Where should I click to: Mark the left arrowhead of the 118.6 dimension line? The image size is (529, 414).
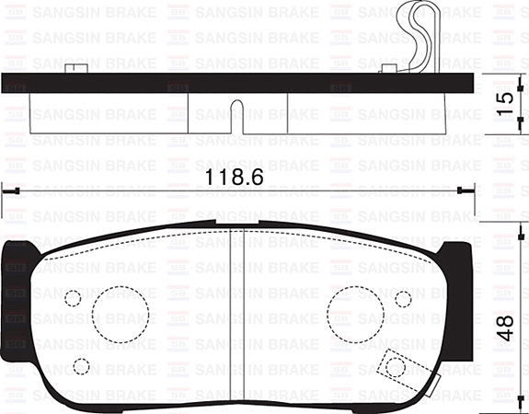pyautogui.click(x=9, y=190)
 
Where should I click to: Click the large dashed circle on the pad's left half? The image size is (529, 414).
pyautogui.click(x=121, y=313)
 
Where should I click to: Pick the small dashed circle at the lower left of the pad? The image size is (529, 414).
pyautogui.click(x=81, y=366)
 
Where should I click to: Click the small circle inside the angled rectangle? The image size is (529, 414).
pyautogui.click(x=396, y=367)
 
